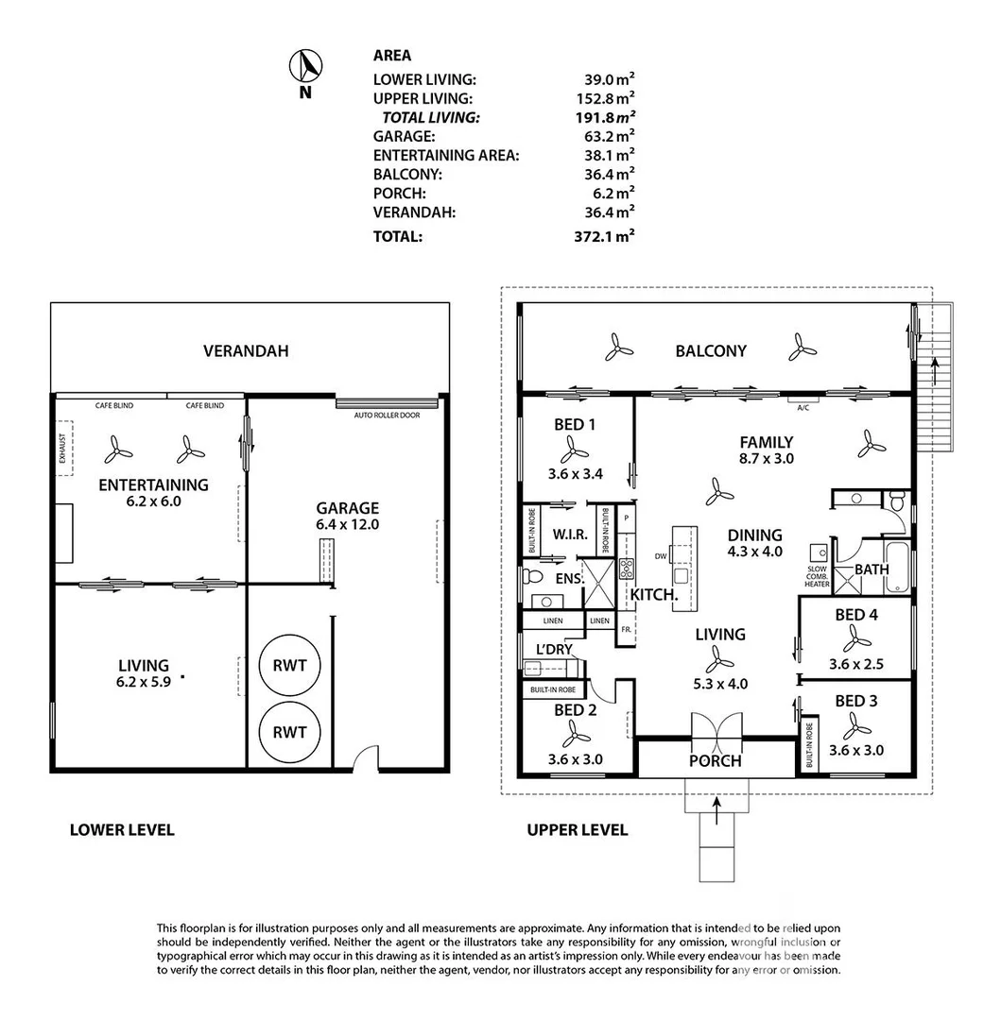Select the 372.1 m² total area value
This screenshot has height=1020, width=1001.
[x=607, y=237]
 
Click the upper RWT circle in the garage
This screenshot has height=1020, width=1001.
[x=289, y=666]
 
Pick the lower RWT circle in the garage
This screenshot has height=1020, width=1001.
[x=289, y=733]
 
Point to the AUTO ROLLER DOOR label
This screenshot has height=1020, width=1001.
[x=387, y=415]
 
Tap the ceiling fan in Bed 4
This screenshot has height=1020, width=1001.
[x=856, y=640]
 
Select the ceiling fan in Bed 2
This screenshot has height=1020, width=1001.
[x=574, y=732]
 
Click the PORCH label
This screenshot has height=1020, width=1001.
[x=716, y=761]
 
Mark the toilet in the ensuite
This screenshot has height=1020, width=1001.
[x=533, y=575]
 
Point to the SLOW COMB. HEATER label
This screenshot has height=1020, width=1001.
[x=817, y=576]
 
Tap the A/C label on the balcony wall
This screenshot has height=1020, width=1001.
[x=804, y=407]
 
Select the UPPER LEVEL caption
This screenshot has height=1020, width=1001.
[x=577, y=830]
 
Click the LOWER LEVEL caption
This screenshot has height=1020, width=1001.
[x=122, y=830]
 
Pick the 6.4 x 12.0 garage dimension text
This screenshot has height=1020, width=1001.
[x=347, y=524]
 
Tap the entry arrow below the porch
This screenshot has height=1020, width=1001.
[x=716, y=806]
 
